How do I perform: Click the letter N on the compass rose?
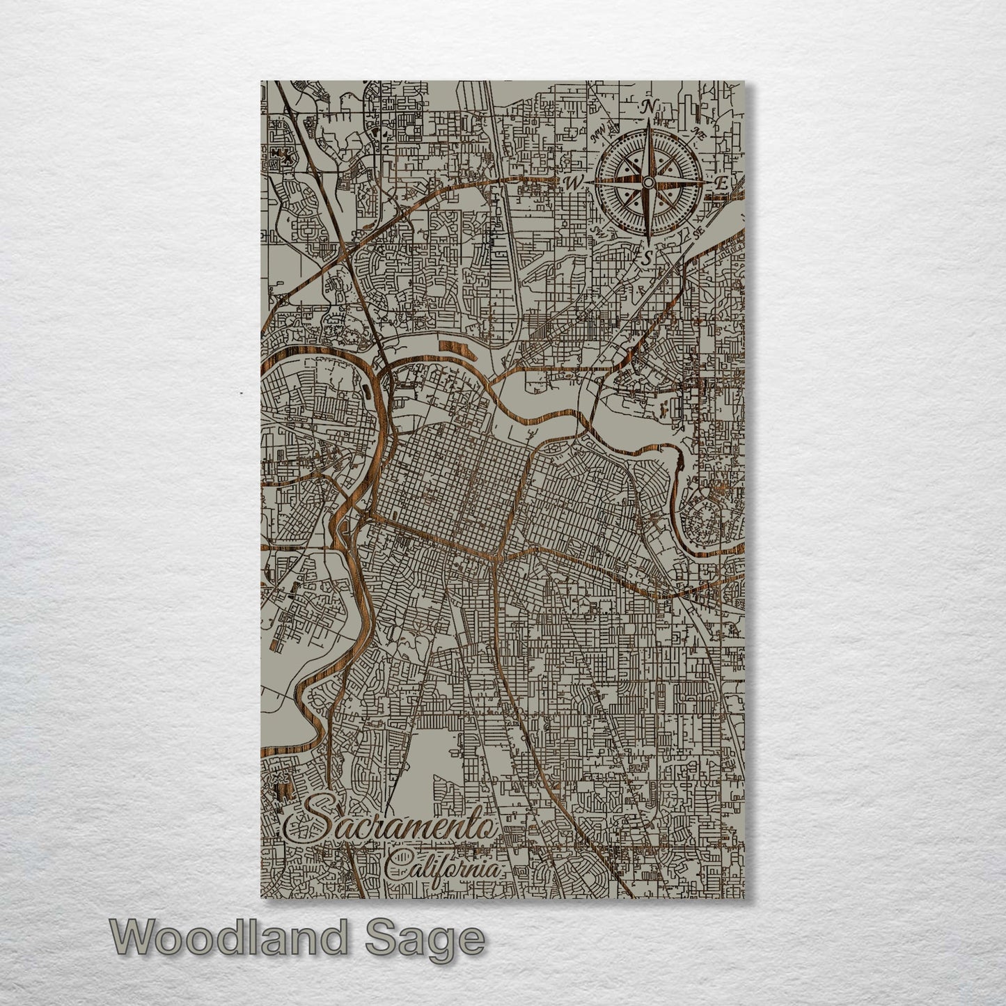(x=649, y=107)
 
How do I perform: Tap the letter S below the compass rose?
(x=647, y=258)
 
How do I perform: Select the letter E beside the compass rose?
(x=722, y=184)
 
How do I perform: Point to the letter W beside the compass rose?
(x=574, y=184)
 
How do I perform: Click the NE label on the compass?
(x=698, y=134)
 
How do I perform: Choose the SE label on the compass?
(x=698, y=233)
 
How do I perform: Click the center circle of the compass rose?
(x=648, y=182)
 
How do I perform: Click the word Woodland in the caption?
(x=227, y=938)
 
